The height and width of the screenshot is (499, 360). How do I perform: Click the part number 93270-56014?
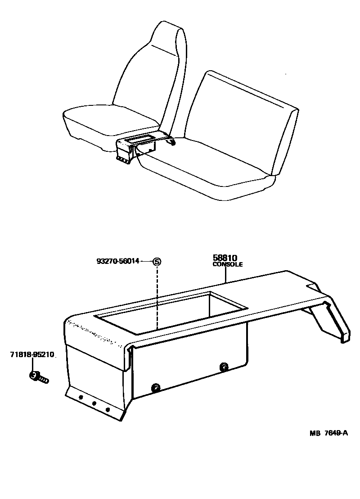pos(117,261)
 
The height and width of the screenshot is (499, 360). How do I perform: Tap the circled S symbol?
pos(157,262)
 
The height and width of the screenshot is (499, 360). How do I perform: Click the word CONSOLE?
pos(227,264)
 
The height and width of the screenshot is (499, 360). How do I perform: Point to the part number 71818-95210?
pos(32,354)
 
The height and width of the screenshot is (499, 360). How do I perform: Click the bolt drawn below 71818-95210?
pos(39,377)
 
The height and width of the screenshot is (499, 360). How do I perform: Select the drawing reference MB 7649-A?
pos(329,433)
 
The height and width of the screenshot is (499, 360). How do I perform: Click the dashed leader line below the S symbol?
pos(157,297)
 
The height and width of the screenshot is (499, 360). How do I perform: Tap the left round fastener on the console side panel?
pos(156,388)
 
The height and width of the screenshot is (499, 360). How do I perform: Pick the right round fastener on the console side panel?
pos(224,367)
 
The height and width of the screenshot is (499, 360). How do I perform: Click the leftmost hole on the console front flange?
pos(81,398)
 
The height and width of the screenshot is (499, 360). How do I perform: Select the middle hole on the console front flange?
pos(94,404)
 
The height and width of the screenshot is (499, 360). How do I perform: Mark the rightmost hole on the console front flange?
pos(108,409)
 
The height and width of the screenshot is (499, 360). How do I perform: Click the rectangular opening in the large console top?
pos(172,313)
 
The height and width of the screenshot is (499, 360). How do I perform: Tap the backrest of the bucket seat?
pos(149,70)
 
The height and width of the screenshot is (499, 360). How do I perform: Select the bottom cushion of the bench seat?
pos(203,169)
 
